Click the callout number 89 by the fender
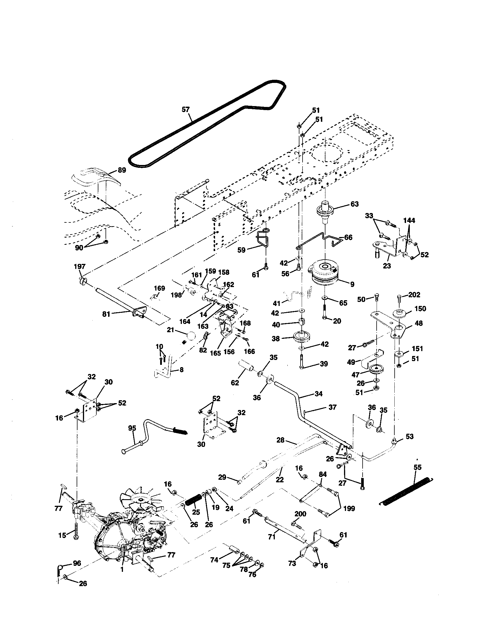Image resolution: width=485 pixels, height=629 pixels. pyautogui.click(x=122, y=170)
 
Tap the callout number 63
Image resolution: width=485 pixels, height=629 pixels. pyautogui.click(x=355, y=204)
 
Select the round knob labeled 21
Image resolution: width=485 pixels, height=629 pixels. pyautogui.click(x=190, y=336)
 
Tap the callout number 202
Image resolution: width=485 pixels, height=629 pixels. pyautogui.click(x=414, y=294)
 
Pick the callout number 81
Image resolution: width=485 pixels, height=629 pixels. pyautogui.click(x=106, y=314)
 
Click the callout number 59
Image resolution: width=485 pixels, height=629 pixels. pyautogui.click(x=241, y=250)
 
